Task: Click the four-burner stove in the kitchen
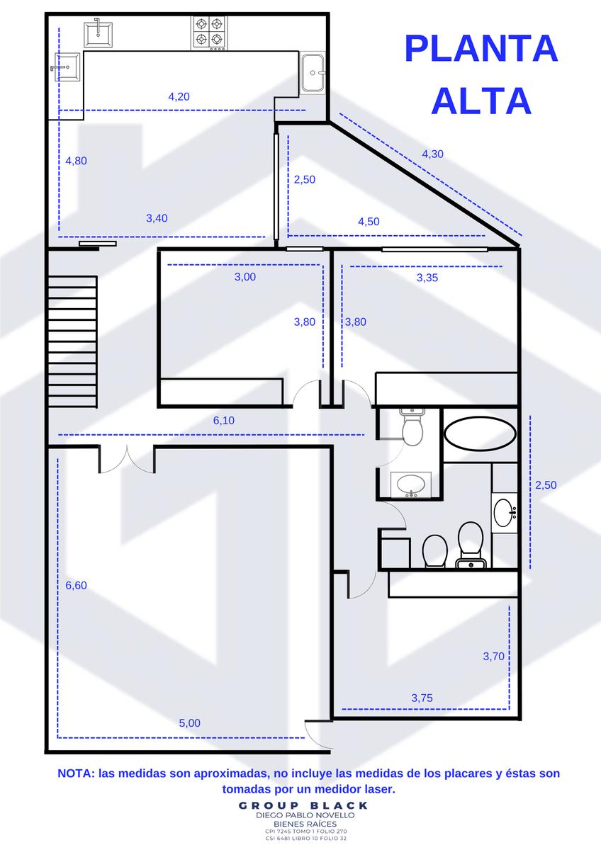pos(209,33)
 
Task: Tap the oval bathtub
pos(480,433)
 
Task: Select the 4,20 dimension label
pos(179,97)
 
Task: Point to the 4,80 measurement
pos(77,161)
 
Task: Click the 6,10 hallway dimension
pos(224,421)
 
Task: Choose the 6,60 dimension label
pos(77,585)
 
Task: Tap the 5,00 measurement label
pos(190,723)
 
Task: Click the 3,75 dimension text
pos(422,698)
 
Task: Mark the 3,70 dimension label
pos(493,656)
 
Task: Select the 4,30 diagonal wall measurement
pos(433,154)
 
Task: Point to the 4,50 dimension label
pos(369,222)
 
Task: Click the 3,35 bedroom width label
pos(427,278)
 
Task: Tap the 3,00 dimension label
pos(245,277)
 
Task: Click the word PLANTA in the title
pos(481,49)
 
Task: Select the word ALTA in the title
pos(481,101)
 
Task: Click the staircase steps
pos(72,342)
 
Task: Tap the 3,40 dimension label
pos(157,218)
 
